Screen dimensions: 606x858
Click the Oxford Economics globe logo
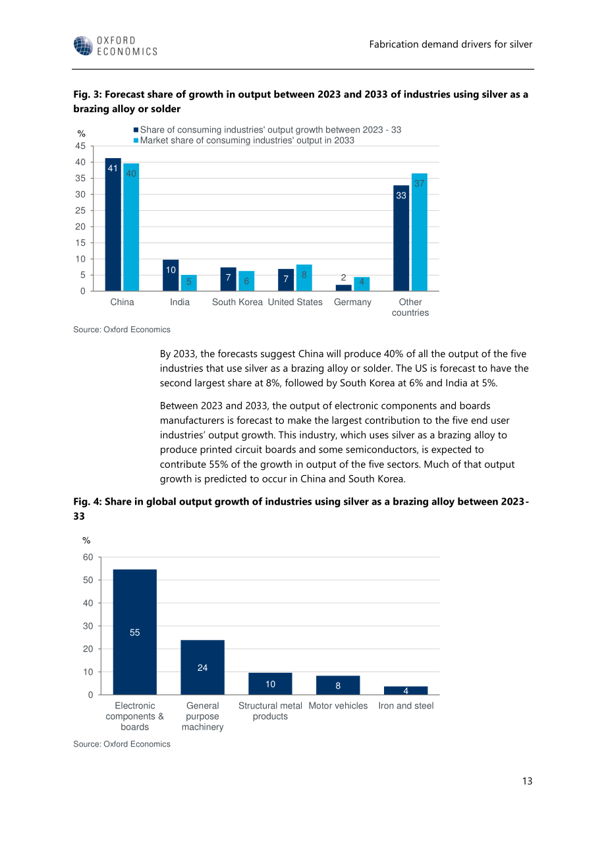(x=83, y=46)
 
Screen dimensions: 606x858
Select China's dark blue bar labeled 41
(x=113, y=225)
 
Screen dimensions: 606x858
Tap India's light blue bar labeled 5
(x=189, y=283)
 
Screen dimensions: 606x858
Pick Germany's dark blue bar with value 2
(x=343, y=288)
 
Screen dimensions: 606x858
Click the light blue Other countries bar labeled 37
(x=419, y=232)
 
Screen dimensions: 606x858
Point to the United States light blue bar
(x=304, y=277)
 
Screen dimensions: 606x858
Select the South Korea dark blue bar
(x=228, y=279)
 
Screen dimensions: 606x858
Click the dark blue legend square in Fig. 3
(x=136, y=130)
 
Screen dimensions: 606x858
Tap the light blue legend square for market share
(x=136, y=140)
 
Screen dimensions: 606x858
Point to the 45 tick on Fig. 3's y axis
(x=80, y=146)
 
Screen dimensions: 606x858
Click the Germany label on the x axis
(x=352, y=302)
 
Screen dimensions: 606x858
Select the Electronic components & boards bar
(x=135, y=632)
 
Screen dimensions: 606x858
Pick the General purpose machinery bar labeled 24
(x=202, y=668)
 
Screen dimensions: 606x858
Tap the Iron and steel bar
(x=406, y=690)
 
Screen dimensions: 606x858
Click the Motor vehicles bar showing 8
(x=338, y=685)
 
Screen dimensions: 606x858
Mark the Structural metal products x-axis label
(x=270, y=711)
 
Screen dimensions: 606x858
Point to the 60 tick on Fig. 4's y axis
(x=88, y=558)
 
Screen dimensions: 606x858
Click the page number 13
(x=527, y=781)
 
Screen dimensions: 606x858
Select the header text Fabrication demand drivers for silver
(x=451, y=44)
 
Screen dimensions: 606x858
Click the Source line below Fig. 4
(x=122, y=744)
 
